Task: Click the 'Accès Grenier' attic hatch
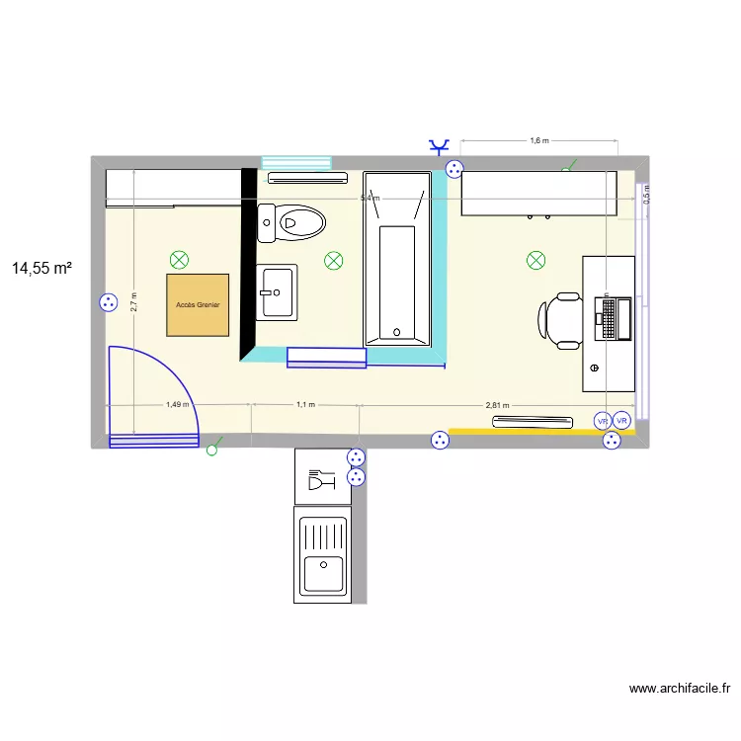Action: tap(198, 305)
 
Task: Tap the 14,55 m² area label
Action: tap(42, 268)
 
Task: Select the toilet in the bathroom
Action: tap(292, 222)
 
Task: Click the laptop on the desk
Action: tap(613, 318)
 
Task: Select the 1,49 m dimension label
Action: tap(178, 404)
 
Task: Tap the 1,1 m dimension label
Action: tap(305, 404)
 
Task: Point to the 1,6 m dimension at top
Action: tap(538, 140)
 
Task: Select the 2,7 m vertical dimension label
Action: tap(133, 300)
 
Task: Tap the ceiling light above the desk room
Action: tap(535, 261)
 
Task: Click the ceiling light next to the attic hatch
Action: tap(179, 261)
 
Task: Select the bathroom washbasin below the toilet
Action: tap(277, 292)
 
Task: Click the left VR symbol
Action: tap(602, 421)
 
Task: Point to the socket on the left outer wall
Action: tap(107, 303)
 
